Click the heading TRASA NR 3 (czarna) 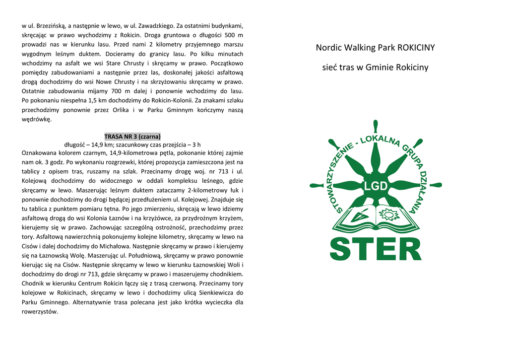coord(132,136)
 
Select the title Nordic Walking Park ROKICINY coord(375,48)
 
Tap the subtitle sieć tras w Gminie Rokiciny coord(375,67)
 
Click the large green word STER coord(376,249)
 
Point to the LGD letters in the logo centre coord(376,186)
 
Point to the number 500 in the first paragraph coord(230,35)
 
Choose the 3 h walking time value coord(196,144)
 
